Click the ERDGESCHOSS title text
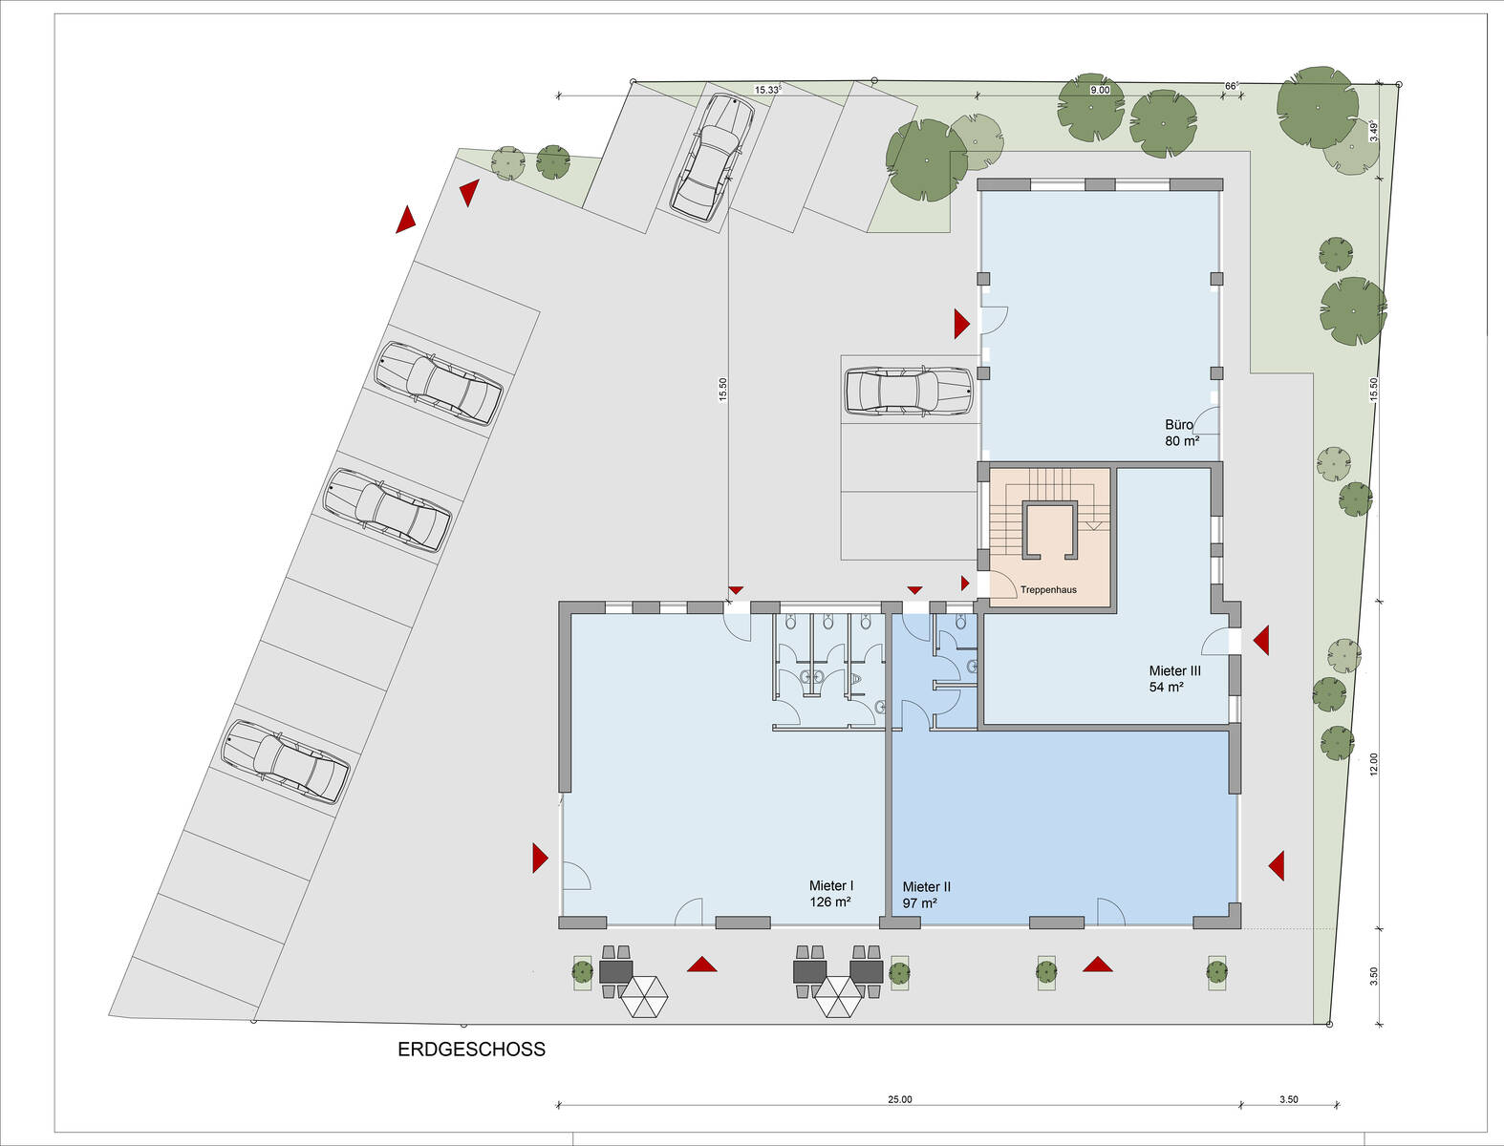[x=471, y=1050]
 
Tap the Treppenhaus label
[x=1048, y=589]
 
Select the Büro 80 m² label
[x=1182, y=433]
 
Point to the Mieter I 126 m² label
[x=830, y=894]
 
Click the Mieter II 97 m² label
[x=926, y=895]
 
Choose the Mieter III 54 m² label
[x=1174, y=678]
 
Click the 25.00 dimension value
[x=900, y=1100]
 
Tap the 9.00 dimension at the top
[x=1100, y=91]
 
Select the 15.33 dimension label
[x=767, y=90]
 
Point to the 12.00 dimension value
[x=1373, y=765]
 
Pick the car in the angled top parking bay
[x=712, y=157]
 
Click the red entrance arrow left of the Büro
[x=962, y=324]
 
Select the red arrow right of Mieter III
[x=1260, y=640]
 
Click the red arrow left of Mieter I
[x=541, y=858]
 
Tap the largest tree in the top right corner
[x=1317, y=108]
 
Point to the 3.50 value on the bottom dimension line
[x=1288, y=1100]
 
